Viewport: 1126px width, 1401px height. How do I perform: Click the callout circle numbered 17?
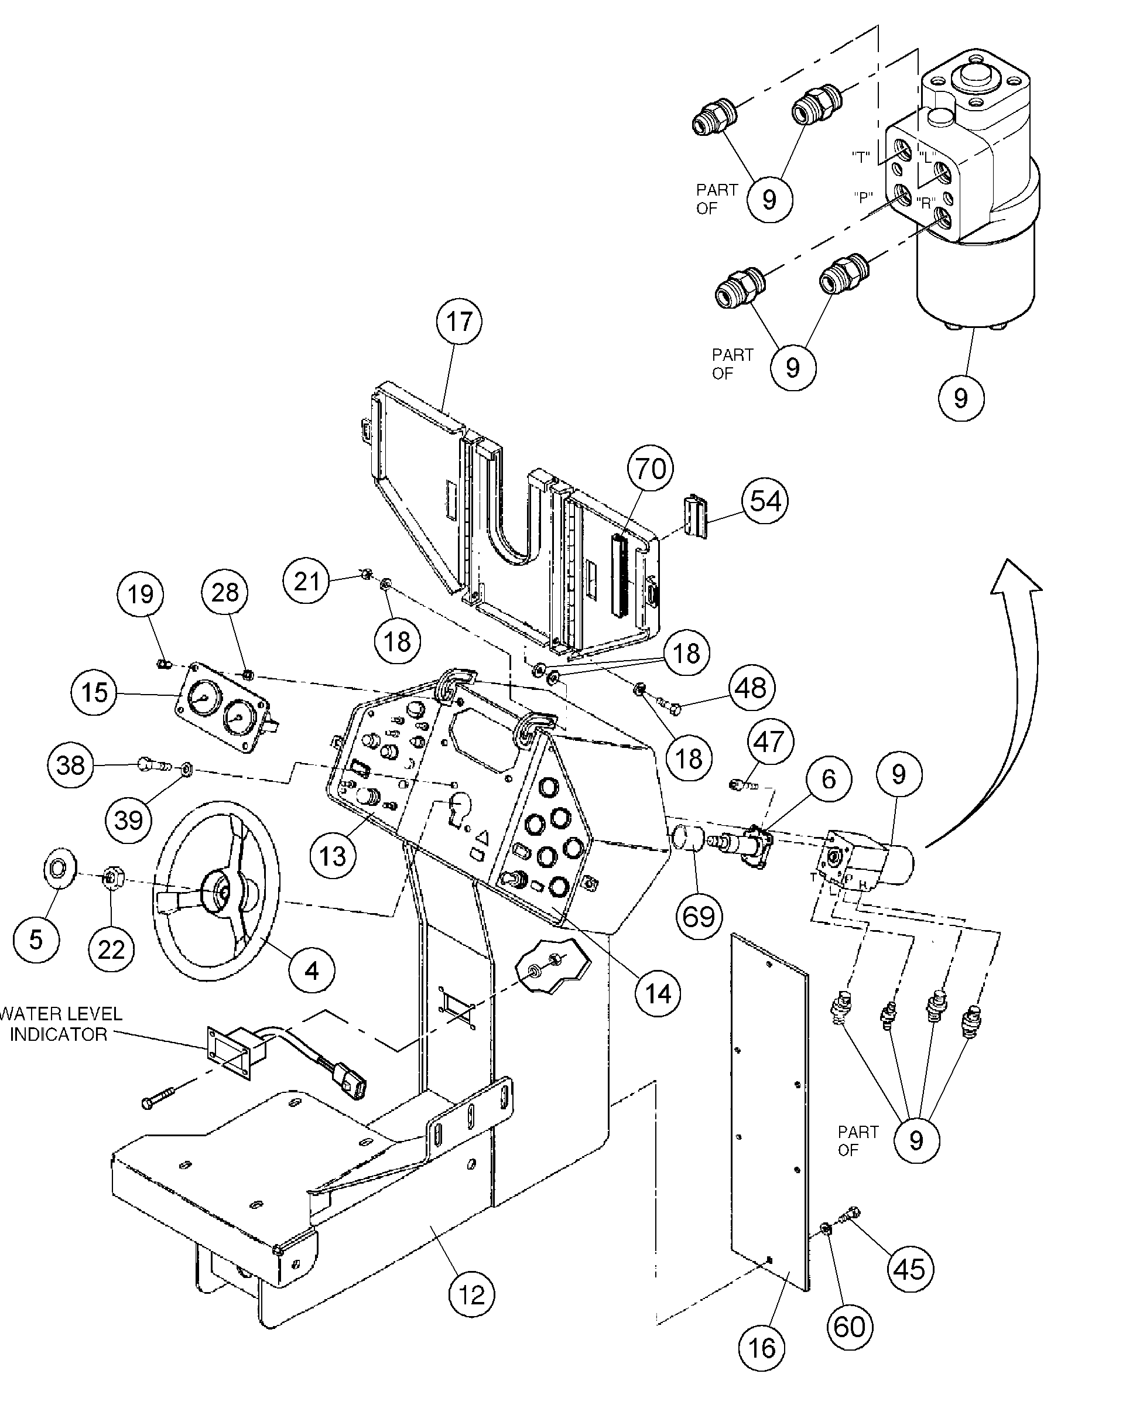tap(460, 321)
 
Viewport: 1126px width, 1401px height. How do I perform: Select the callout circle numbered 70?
tap(651, 468)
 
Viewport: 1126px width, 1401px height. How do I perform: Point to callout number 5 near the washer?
tap(36, 939)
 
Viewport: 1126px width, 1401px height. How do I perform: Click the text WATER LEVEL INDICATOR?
tap(60, 1024)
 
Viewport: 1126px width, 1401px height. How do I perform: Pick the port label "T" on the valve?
tap(861, 156)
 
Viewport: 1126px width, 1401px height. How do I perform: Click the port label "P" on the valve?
tap(863, 197)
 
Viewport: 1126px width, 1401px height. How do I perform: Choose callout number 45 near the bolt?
tap(909, 1269)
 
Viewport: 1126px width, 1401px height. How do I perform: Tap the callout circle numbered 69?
tap(699, 916)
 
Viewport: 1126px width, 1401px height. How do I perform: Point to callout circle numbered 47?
tap(769, 741)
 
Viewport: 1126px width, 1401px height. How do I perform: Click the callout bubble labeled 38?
tap(71, 765)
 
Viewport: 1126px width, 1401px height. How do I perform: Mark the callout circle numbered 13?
tap(333, 856)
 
